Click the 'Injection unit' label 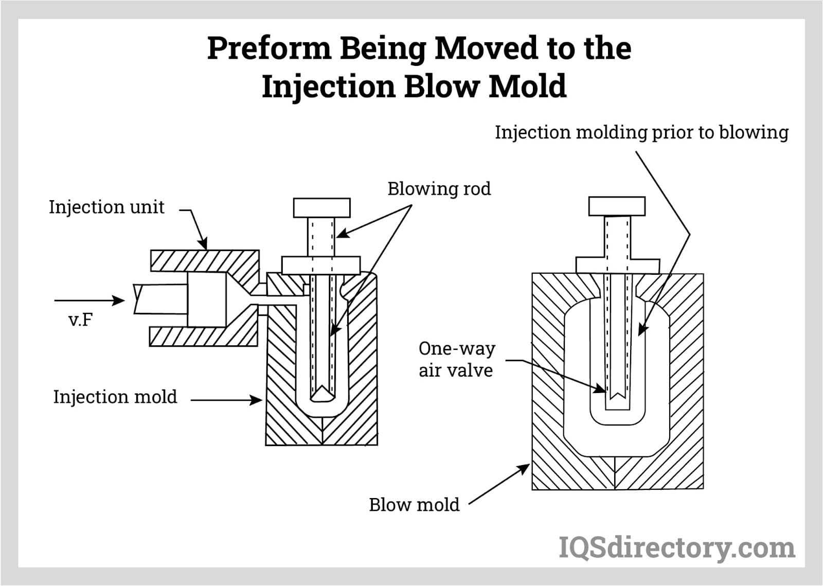click(x=106, y=207)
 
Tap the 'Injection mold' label click(x=115, y=397)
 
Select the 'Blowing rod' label click(x=439, y=189)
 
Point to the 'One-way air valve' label click(x=456, y=359)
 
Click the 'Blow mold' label click(x=414, y=505)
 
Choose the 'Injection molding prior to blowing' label click(x=641, y=132)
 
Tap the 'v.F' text click(x=81, y=320)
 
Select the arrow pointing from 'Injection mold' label click(x=226, y=399)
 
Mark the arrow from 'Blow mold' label click(x=499, y=484)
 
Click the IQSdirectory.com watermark click(x=677, y=547)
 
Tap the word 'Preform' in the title click(x=269, y=48)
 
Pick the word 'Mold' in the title click(x=527, y=86)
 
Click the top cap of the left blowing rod click(x=321, y=208)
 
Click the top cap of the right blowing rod click(x=617, y=206)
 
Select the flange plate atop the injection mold click(x=320, y=265)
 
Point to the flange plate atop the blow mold click(x=617, y=265)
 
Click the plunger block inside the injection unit click(x=206, y=299)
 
